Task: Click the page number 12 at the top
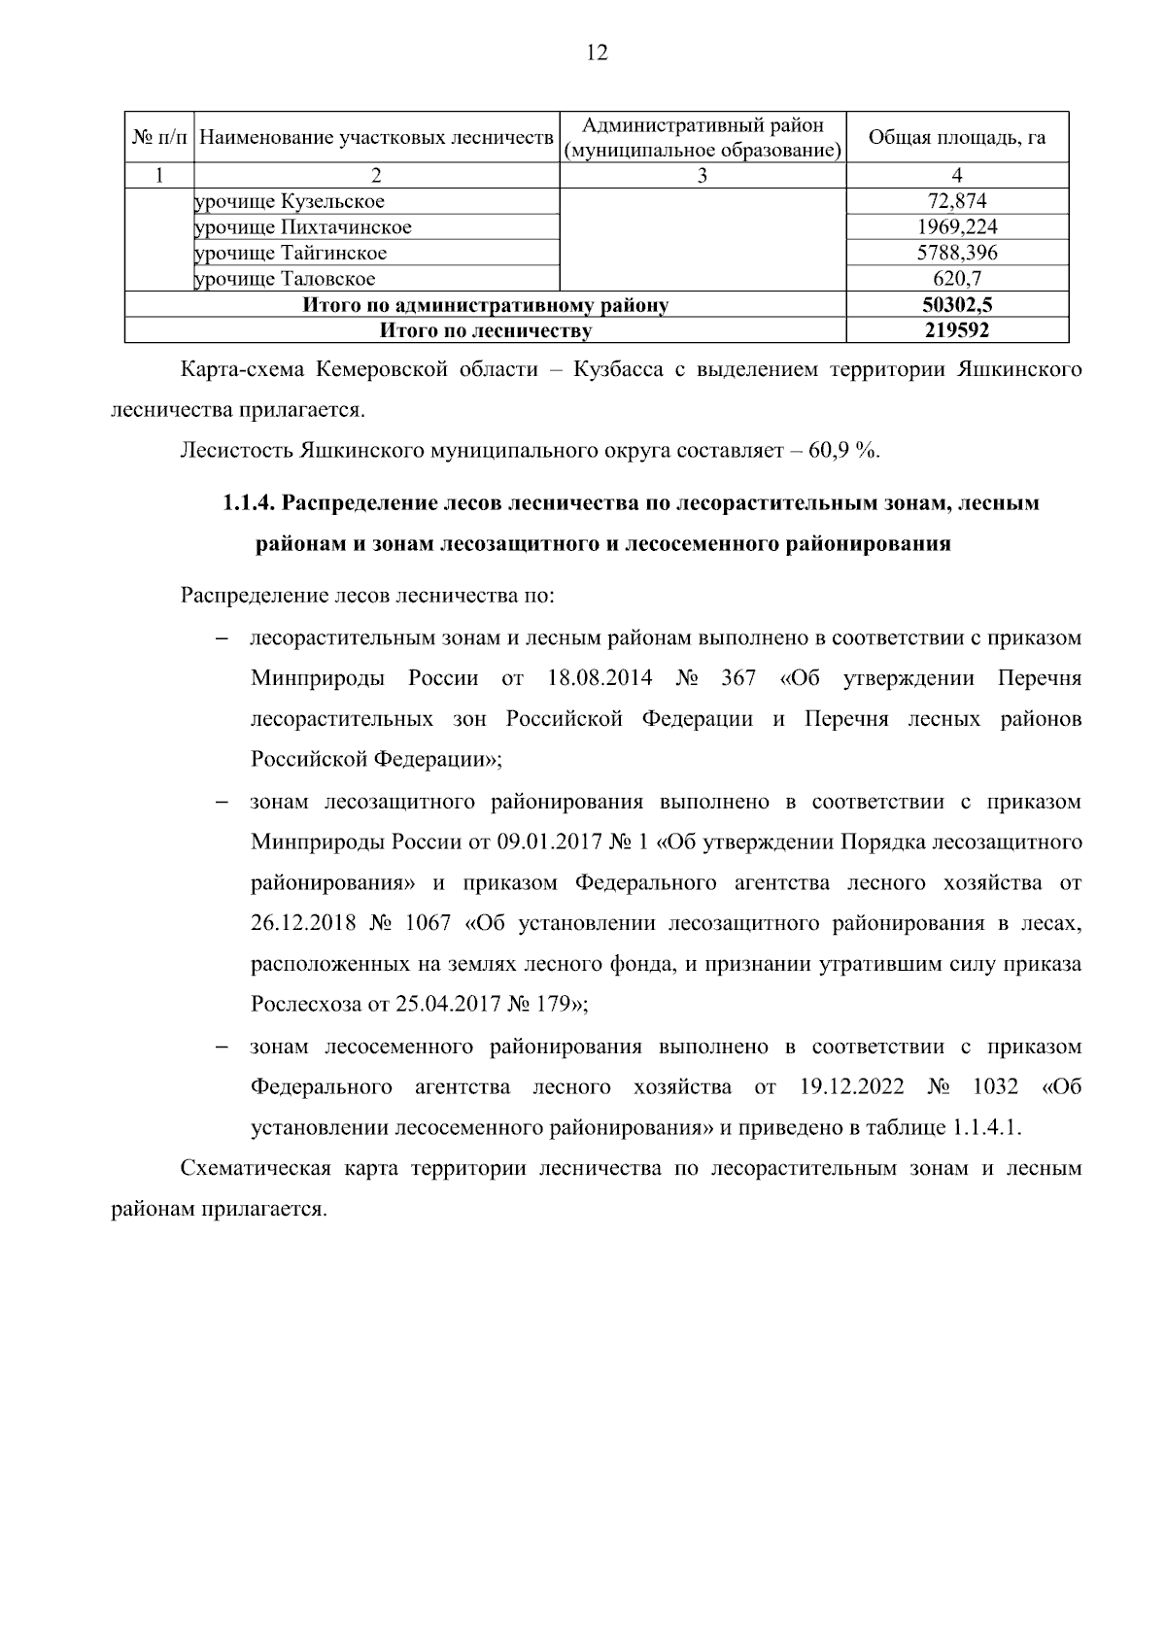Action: coord(597,53)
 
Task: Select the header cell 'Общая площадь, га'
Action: coord(956,137)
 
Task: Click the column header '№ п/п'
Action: coord(159,137)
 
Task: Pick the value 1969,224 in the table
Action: coord(957,227)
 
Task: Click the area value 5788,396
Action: coord(957,253)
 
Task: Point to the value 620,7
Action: coord(957,279)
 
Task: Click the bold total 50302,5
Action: coord(957,305)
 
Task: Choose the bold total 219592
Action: coord(957,331)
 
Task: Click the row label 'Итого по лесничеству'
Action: coord(485,331)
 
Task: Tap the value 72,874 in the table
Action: coord(957,202)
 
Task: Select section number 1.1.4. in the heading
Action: coord(249,503)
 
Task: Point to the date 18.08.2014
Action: coord(600,678)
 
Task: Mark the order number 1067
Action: coord(427,923)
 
